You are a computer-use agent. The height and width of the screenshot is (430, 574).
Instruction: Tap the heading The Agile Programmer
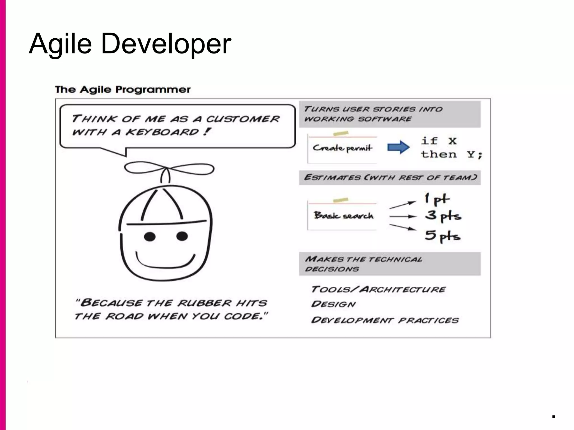[122, 90]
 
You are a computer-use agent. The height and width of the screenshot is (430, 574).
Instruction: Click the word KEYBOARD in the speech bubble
[162, 132]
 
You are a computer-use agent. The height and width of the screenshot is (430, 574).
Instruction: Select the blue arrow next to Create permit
[398, 147]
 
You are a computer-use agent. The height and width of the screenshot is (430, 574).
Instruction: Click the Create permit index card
[342, 148]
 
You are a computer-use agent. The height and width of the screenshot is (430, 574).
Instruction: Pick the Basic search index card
[342, 216]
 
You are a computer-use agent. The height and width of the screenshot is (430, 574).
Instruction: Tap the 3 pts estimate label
[443, 216]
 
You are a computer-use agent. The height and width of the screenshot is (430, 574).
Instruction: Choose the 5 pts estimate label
[442, 236]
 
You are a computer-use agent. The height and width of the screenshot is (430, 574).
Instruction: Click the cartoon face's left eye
[150, 237]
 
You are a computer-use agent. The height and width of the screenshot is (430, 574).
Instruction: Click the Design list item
[333, 304]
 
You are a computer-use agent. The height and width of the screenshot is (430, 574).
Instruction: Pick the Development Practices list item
[385, 320]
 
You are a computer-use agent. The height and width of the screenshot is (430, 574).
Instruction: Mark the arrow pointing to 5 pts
[402, 227]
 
